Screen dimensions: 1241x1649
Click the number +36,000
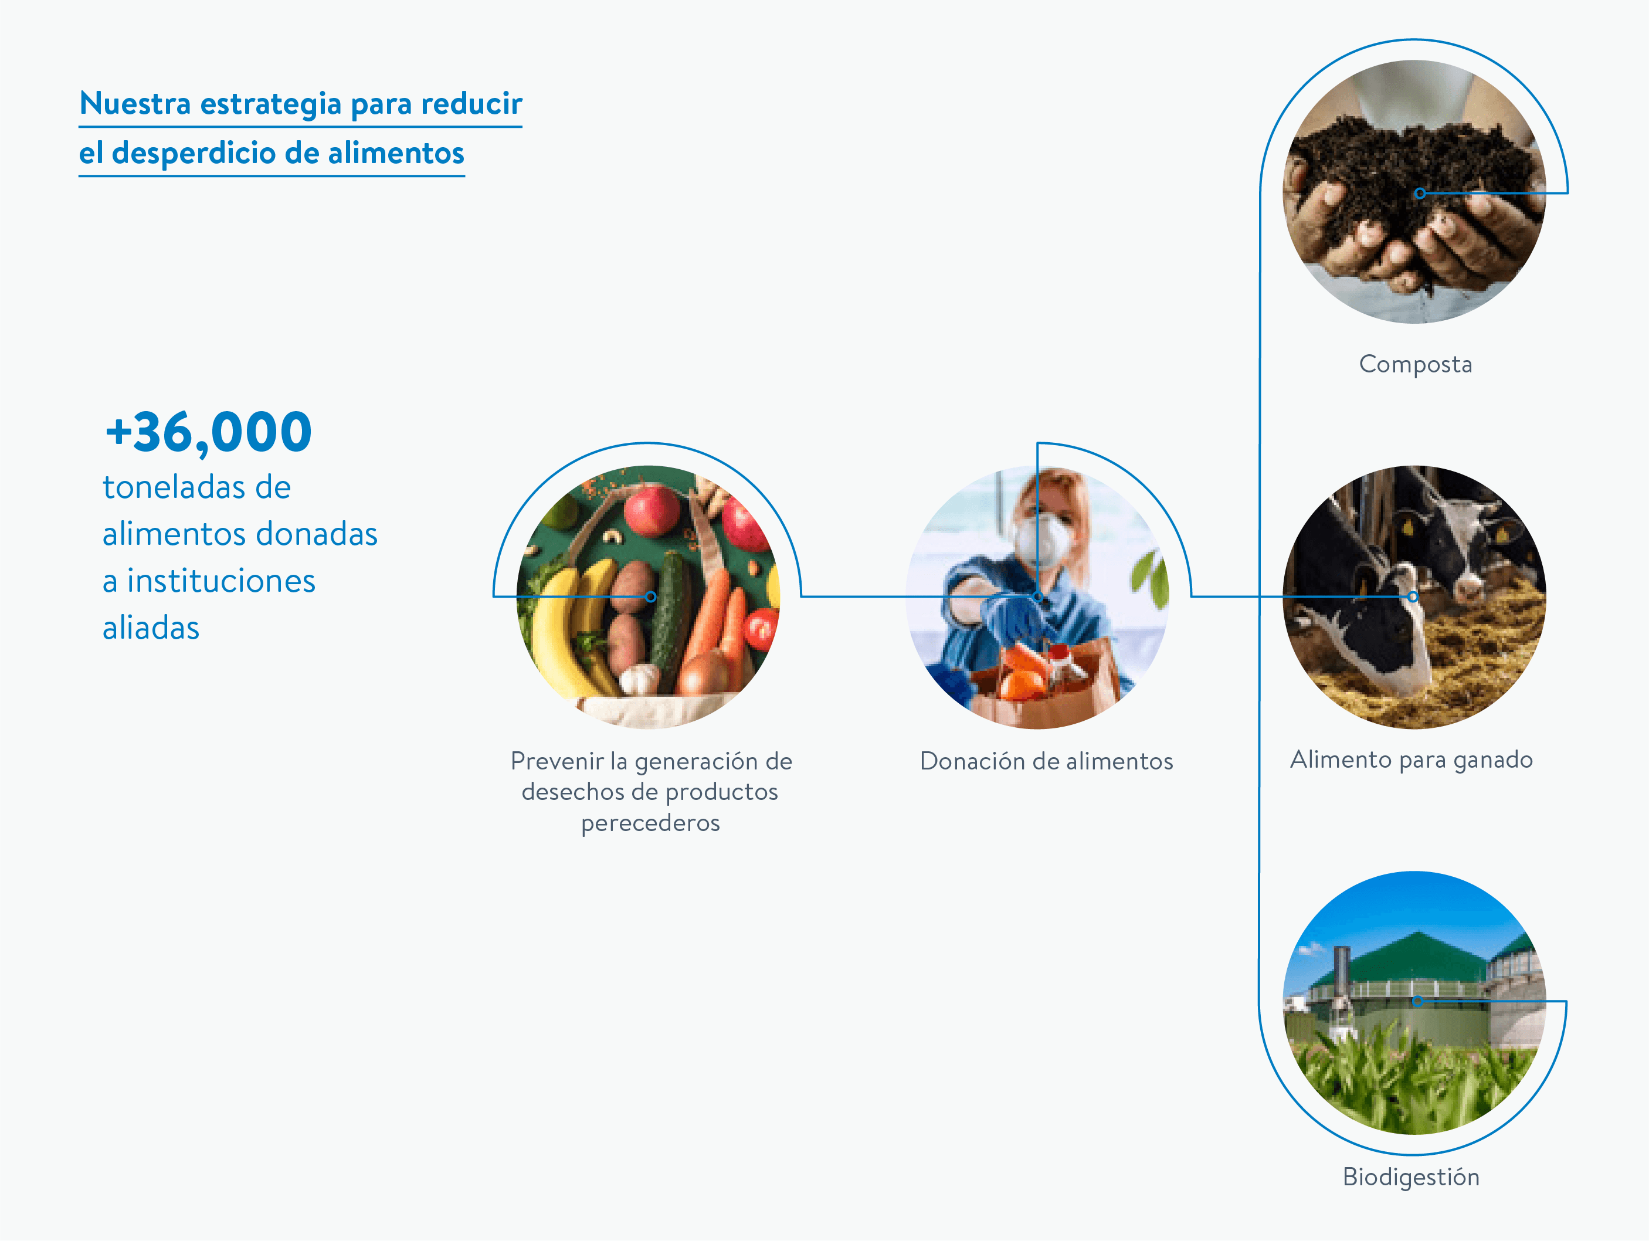209,432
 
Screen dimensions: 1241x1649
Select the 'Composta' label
1415,364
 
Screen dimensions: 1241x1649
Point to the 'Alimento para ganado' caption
1411,759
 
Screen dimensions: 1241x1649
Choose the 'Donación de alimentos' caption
1046,761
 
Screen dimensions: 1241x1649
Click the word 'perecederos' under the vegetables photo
650,823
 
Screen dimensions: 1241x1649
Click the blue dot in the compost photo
1420,193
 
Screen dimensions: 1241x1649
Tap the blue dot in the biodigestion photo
1418,1002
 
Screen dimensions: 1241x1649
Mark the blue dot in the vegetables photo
651,597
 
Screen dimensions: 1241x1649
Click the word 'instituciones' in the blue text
220,581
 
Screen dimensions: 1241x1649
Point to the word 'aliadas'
151,628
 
